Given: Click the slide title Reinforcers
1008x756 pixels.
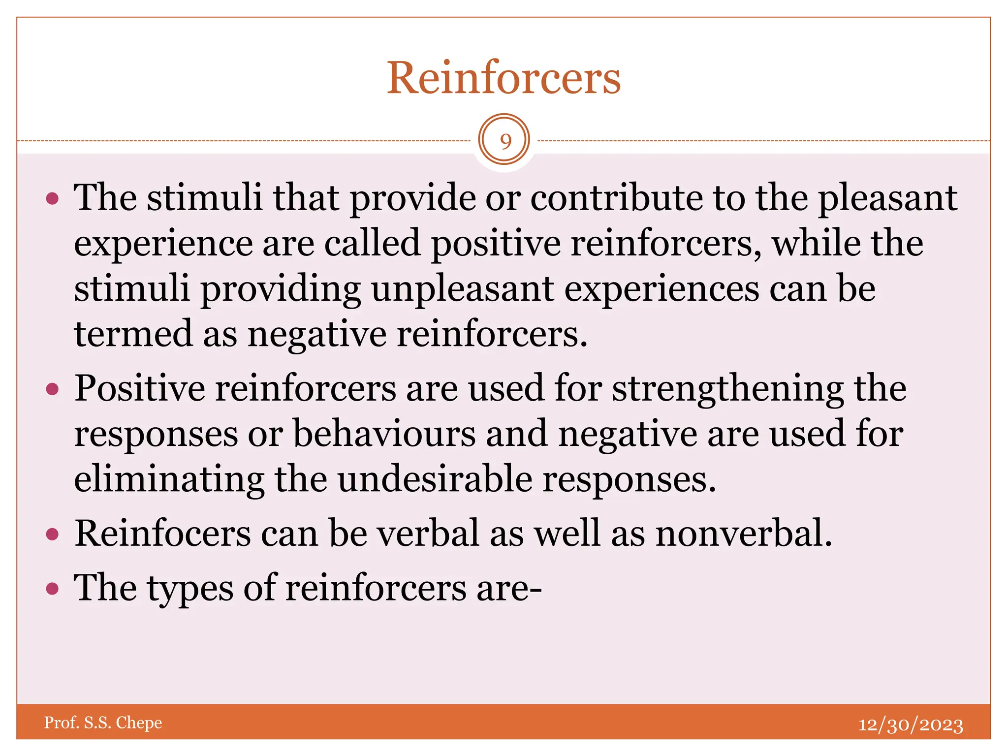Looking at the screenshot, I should pyautogui.click(x=504, y=78).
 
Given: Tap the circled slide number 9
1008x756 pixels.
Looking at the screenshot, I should pyautogui.click(x=504, y=140).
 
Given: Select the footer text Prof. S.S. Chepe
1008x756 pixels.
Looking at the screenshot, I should pyautogui.click(x=103, y=723).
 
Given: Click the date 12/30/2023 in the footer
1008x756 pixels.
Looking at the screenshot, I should pyautogui.click(x=911, y=724).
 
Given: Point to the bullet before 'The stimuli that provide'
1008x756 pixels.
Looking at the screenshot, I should pyautogui.click(x=52, y=199).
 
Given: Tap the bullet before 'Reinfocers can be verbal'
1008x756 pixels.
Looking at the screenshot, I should pyautogui.click(x=52, y=534).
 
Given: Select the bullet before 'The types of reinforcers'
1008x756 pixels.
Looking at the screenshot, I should pyautogui.click(x=52, y=588).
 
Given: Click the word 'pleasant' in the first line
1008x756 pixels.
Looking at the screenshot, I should pyautogui.click(x=887, y=198).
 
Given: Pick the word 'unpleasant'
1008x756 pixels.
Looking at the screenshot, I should pyautogui.click(x=462, y=289).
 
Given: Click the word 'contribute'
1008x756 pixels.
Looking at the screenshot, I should pyautogui.click(x=617, y=198).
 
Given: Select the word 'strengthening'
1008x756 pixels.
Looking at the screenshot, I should pyautogui.click(x=727, y=389).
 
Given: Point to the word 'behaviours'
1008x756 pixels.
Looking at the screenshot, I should pyautogui.click(x=384, y=434).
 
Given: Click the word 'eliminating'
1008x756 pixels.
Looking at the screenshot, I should pyautogui.click(x=169, y=479).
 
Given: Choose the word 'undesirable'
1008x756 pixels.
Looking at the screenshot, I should pyautogui.click(x=435, y=479).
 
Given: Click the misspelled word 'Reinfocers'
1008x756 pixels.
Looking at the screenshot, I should pyautogui.click(x=162, y=534).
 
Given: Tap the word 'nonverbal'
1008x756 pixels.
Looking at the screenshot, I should pyautogui.click(x=743, y=534).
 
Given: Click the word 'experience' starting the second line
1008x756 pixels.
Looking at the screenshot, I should pyautogui.click(x=163, y=244).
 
